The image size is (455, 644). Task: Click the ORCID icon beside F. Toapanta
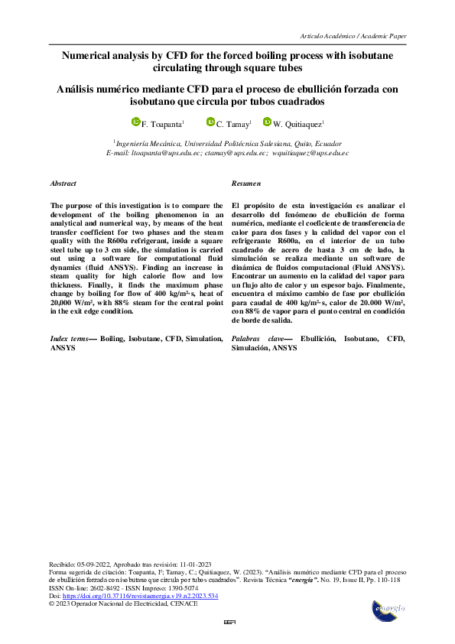(136, 122)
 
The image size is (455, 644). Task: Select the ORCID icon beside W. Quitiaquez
(267, 122)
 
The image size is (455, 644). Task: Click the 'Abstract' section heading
(63, 184)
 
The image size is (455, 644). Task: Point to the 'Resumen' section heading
(245, 184)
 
